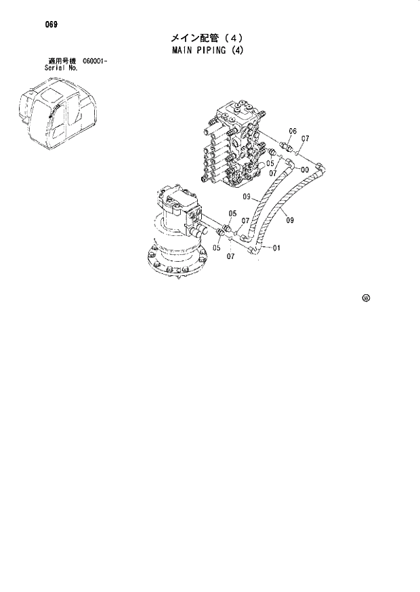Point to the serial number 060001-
96,62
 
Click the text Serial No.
60,68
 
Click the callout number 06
293,131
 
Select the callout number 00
306,170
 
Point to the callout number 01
276,248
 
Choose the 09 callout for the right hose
290,220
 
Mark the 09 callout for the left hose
247,197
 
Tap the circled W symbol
366,297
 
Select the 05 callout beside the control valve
270,163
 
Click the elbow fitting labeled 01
257,250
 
